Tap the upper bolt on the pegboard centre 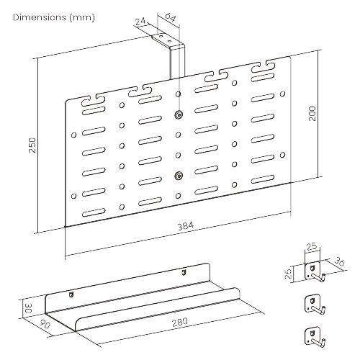pos(178,116)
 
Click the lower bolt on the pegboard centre pos(178,174)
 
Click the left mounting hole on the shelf pos(71,294)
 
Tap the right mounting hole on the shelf pos(184,273)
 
